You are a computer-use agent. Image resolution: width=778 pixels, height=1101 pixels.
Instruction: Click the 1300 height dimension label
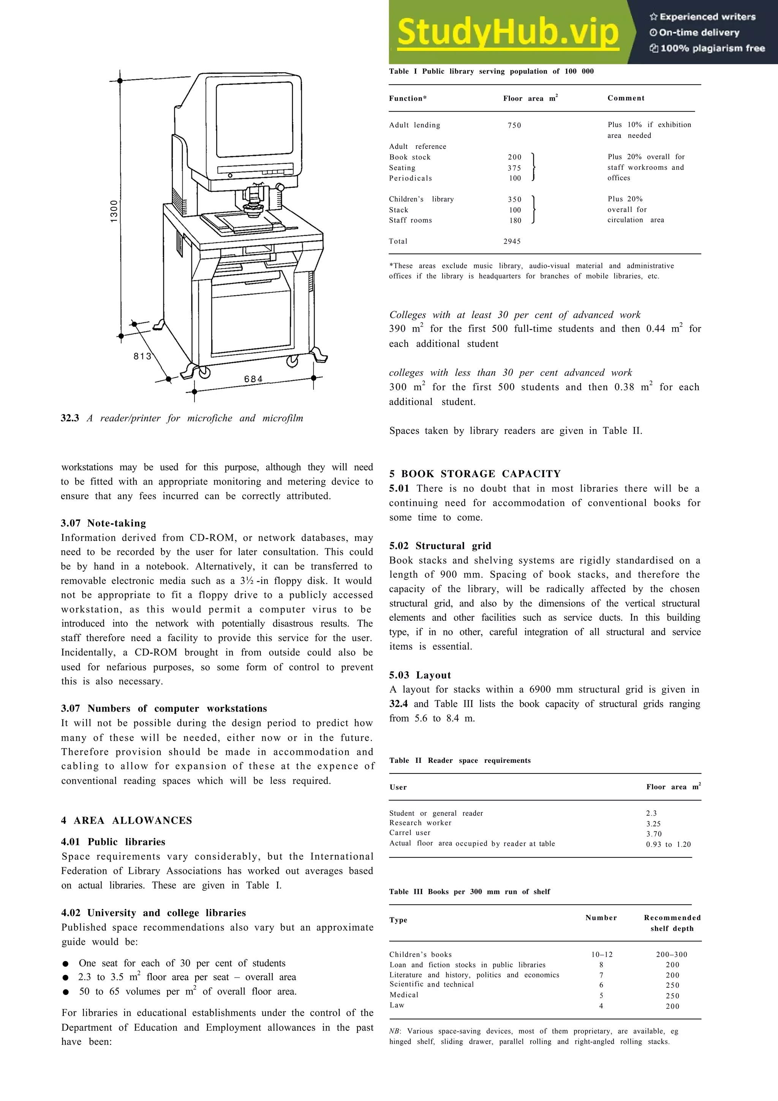point(114,211)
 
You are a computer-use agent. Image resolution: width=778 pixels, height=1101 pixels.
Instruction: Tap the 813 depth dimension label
point(142,356)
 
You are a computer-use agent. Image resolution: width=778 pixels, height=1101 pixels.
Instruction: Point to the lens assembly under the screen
point(253,201)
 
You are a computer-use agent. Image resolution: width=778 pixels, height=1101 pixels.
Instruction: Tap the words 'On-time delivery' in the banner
point(699,33)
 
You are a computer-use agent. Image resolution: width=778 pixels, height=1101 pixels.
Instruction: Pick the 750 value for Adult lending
point(514,125)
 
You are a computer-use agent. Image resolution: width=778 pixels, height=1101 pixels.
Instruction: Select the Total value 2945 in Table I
point(512,241)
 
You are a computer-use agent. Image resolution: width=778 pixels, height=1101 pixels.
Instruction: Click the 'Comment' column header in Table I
point(626,98)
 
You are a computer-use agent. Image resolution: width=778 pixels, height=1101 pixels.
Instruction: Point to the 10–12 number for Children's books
point(602,954)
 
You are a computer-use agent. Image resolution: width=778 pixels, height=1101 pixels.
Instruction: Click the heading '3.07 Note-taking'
point(104,523)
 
